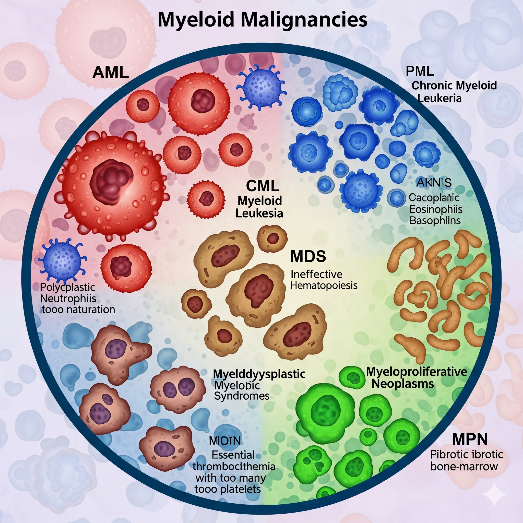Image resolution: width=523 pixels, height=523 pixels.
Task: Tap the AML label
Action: tap(110, 73)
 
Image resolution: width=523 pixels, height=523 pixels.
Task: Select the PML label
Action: tap(420, 72)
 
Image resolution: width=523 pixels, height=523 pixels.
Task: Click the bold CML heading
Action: tap(263, 186)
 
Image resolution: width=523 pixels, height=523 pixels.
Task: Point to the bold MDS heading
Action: tap(308, 256)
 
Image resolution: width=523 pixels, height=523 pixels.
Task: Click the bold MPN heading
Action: tap(470, 439)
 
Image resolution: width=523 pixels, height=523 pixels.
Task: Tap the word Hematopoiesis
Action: tap(324, 285)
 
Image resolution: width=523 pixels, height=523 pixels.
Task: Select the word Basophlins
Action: tap(435, 221)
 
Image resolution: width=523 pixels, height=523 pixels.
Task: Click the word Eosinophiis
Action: tap(436, 209)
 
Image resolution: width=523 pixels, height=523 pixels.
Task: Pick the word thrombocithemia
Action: tap(234, 466)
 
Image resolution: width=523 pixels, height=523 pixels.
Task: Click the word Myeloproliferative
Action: tap(416, 372)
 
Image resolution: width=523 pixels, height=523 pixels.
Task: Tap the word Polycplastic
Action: tap(67, 287)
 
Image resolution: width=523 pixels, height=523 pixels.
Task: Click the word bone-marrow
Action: tap(464, 466)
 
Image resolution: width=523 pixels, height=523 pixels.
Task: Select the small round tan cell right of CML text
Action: tap(272, 239)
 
